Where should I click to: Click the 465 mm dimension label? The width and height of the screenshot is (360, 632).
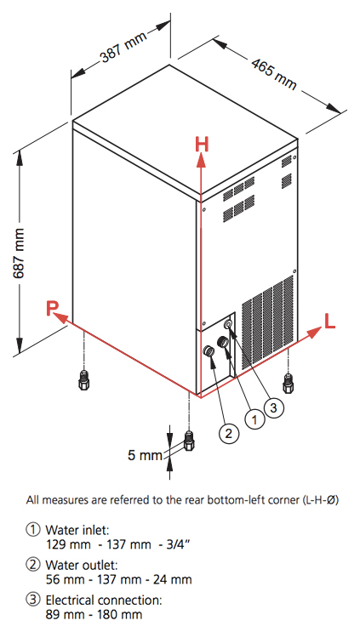[x=274, y=75]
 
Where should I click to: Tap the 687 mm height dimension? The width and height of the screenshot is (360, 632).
[x=18, y=253]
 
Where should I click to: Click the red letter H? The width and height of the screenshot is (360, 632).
[x=202, y=145]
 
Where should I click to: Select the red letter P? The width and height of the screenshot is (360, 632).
[x=52, y=309]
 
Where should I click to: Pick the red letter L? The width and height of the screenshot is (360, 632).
[x=329, y=322]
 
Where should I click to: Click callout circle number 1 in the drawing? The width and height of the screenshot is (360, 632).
[x=254, y=419]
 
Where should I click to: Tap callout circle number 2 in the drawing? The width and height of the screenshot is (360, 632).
[x=229, y=433]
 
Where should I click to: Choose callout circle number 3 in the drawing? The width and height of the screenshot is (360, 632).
[x=274, y=407]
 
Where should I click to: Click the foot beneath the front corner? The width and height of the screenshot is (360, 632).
[x=189, y=441]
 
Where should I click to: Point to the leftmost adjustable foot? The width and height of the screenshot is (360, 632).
[x=83, y=379]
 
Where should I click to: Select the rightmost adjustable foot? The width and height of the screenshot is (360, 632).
[x=289, y=383]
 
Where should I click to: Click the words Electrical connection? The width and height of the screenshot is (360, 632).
[x=104, y=601]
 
